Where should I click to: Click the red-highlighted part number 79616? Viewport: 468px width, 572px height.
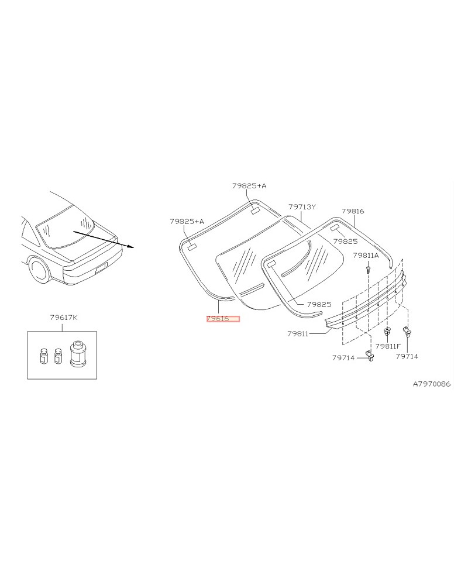pos(222,319)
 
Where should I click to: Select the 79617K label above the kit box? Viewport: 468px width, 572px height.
pos(63,318)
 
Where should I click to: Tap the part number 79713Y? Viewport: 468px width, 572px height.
pos(302,207)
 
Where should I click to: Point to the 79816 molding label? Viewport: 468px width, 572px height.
pos(353,211)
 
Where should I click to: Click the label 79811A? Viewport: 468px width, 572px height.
pos(366,256)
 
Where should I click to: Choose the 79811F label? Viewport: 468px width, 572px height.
pos(388,346)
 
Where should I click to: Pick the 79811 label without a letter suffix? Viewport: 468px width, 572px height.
pos(298,333)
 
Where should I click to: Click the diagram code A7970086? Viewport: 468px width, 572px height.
pos(432,384)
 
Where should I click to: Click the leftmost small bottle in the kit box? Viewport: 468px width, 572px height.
pos(44,356)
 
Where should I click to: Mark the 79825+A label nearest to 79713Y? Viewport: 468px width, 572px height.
pos(249,185)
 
